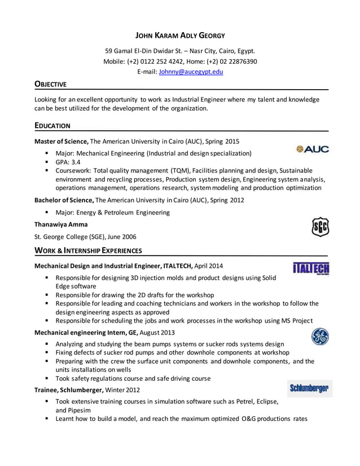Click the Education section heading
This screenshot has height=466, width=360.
point(52,125)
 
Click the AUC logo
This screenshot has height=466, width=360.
point(312,149)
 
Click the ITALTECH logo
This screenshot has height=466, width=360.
point(311,269)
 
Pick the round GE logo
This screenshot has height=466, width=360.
point(319,337)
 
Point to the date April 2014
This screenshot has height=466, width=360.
point(209,265)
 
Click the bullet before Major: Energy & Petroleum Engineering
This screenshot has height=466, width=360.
point(46,213)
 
